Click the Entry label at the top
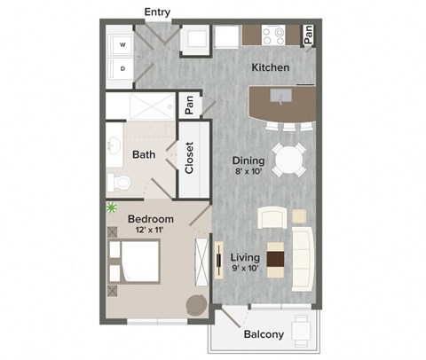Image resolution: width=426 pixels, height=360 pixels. [157, 12]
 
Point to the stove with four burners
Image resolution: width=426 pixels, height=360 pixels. [273, 35]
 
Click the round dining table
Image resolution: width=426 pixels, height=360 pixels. [288, 160]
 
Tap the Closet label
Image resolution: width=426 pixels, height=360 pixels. [189, 158]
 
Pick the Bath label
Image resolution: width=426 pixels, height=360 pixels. [144, 154]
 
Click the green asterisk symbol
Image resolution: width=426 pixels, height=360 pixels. [112, 208]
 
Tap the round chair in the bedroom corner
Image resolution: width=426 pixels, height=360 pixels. [196, 303]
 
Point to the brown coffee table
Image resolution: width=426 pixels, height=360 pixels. [276, 260]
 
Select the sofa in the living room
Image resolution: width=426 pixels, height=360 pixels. [303, 259]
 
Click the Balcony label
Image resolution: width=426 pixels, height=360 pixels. [264, 334]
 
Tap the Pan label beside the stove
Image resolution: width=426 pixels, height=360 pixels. [308, 35]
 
